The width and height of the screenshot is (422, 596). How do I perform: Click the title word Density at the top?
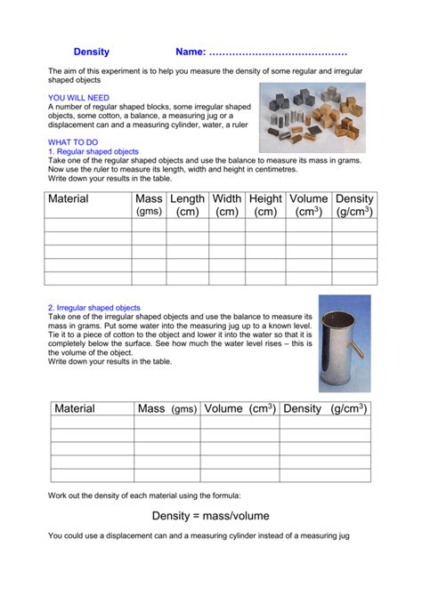coord(91,52)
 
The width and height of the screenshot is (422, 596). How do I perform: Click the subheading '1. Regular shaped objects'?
coord(93,151)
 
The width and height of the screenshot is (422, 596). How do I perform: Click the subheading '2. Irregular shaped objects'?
coord(94,308)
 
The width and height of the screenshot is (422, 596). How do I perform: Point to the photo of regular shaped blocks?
coord(312,117)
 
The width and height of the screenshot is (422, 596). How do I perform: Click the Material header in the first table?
coord(69,199)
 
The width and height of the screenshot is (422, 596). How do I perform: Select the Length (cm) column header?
coord(187,205)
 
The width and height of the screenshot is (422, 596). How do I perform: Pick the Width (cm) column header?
coord(227,205)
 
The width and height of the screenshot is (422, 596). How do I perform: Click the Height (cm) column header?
coord(265,205)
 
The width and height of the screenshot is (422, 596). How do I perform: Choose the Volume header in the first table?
coord(309,205)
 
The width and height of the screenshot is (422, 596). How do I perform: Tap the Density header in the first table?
coord(354,205)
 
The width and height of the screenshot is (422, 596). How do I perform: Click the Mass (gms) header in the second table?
coord(166,409)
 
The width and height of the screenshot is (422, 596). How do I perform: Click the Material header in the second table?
coord(74,409)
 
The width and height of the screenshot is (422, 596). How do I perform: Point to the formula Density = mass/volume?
coord(210,516)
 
